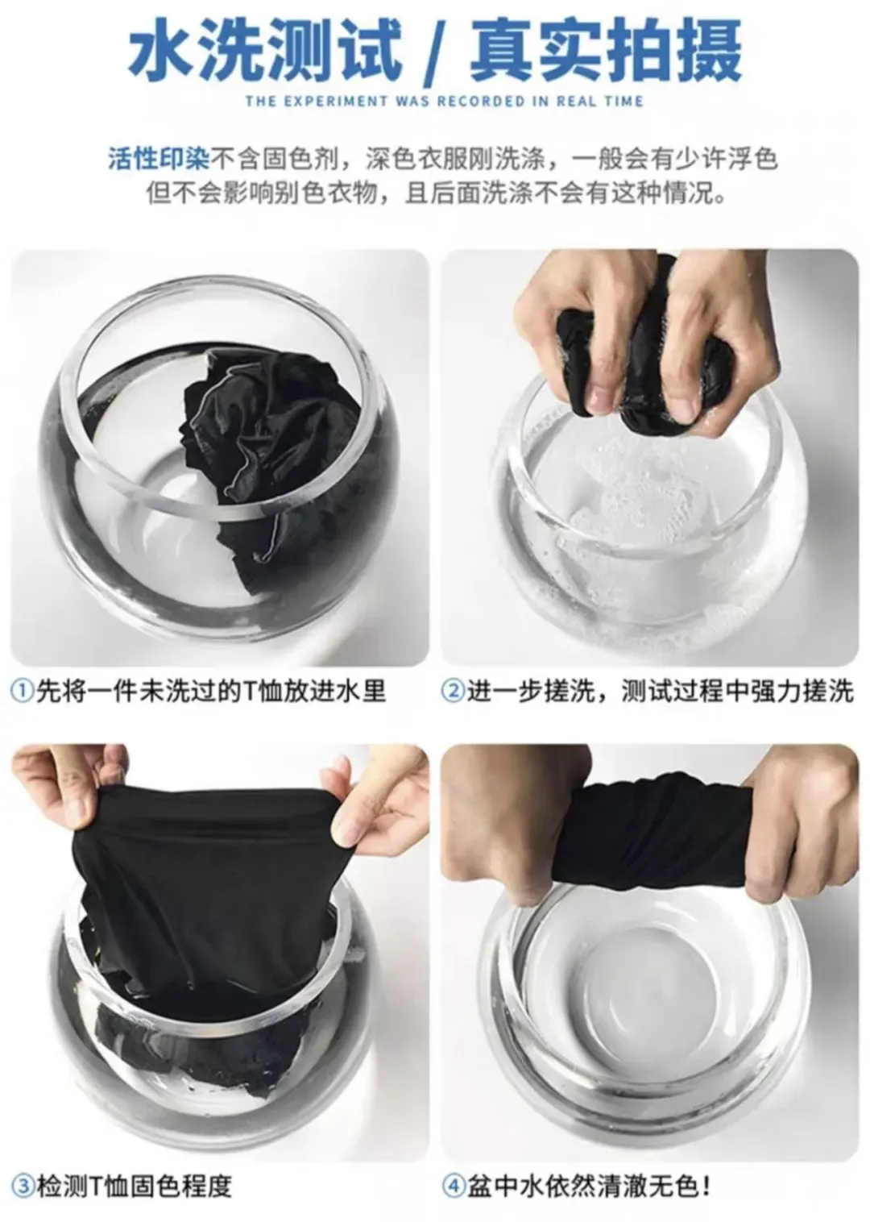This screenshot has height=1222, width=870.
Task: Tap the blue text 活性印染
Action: tap(159, 160)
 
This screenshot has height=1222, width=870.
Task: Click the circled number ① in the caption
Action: tap(23, 691)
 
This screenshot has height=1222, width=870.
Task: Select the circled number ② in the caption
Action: tap(453, 691)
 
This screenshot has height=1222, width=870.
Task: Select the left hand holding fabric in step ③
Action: tap(65, 788)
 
